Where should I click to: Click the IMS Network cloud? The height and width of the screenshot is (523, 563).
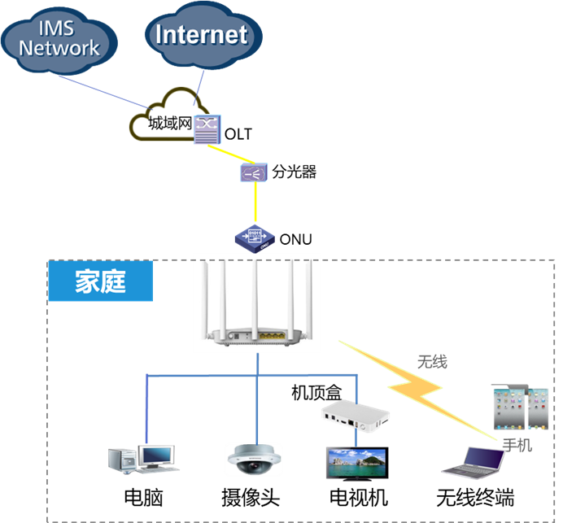[59, 39]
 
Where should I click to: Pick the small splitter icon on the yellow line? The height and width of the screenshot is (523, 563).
[254, 172]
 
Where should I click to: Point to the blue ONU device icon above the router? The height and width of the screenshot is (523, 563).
[255, 237]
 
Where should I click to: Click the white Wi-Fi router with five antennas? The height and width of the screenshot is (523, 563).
[256, 303]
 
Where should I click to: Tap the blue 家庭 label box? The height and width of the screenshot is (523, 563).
[100, 281]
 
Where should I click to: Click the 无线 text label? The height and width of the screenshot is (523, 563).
[431, 362]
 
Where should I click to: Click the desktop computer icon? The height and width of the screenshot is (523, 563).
[143, 459]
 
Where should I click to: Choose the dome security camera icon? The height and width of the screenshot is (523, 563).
[253, 460]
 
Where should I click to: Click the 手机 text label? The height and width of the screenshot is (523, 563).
[517, 445]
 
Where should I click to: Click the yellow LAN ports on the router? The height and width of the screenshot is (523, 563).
[271, 334]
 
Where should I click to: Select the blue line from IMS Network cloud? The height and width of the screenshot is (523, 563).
[102, 92]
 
